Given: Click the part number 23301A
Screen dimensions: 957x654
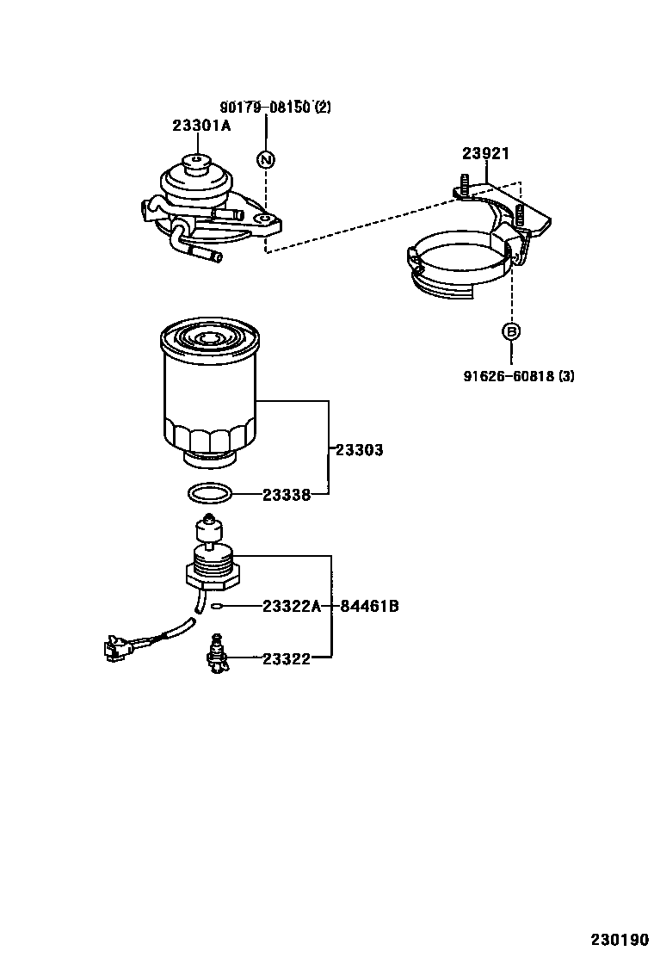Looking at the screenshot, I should [201, 126].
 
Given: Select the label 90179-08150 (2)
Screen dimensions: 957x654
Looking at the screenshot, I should [275, 108].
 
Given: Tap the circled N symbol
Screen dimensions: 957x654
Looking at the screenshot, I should [266, 159].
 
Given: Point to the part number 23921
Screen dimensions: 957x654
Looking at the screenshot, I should [485, 154].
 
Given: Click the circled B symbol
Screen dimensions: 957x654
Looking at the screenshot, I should [511, 331].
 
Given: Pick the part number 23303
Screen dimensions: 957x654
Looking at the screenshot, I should [359, 450].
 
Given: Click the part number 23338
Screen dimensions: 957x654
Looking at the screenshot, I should [286, 495].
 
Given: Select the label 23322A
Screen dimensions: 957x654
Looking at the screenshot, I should [291, 607].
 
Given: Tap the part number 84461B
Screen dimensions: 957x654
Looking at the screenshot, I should [369, 607].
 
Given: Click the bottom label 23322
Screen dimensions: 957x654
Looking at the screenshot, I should [286, 659].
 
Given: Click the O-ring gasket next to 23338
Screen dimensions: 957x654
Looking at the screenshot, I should [209, 494].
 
